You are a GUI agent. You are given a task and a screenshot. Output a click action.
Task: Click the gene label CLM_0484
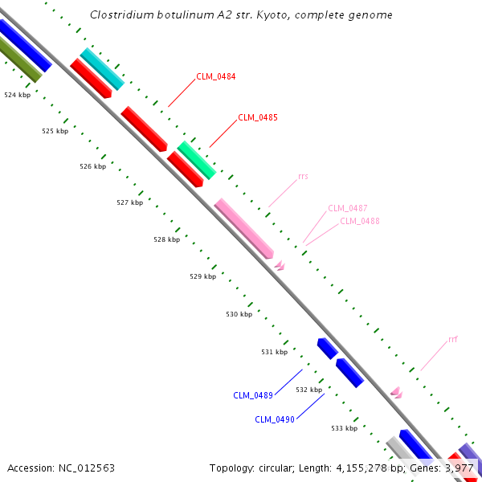tap(215, 77)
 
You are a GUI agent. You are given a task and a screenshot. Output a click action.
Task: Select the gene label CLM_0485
tap(258, 117)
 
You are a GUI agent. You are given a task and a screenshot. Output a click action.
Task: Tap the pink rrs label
tap(303, 176)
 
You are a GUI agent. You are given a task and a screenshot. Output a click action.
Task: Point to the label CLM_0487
tap(347, 209)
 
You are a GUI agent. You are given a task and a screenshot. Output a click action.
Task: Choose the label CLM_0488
tap(360, 221)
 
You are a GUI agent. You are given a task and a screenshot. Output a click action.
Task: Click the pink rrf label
tap(453, 339)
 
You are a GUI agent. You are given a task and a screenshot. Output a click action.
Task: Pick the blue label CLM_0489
tap(253, 395)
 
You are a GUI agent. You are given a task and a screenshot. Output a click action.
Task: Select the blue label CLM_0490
tap(275, 419)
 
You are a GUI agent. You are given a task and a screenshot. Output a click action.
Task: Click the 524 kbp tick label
tap(17, 95)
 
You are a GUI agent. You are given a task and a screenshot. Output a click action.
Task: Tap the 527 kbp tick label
tap(129, 203)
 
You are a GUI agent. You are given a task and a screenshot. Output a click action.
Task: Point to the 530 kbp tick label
tap(239, 314)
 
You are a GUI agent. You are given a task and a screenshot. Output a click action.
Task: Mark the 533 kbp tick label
tap(344, 428)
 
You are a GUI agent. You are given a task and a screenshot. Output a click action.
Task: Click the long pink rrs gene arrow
tap(243, 228)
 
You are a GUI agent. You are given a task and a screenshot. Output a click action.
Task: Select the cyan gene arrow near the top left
tap(102, 69)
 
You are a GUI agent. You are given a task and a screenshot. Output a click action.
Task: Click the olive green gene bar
tap(20, 60)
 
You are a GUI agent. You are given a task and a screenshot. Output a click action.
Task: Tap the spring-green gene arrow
tap(197, 160)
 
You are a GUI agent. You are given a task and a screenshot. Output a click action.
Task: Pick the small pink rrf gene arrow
tap(396, 392)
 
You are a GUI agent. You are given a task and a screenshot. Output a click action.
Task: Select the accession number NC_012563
tap(86, 468)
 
